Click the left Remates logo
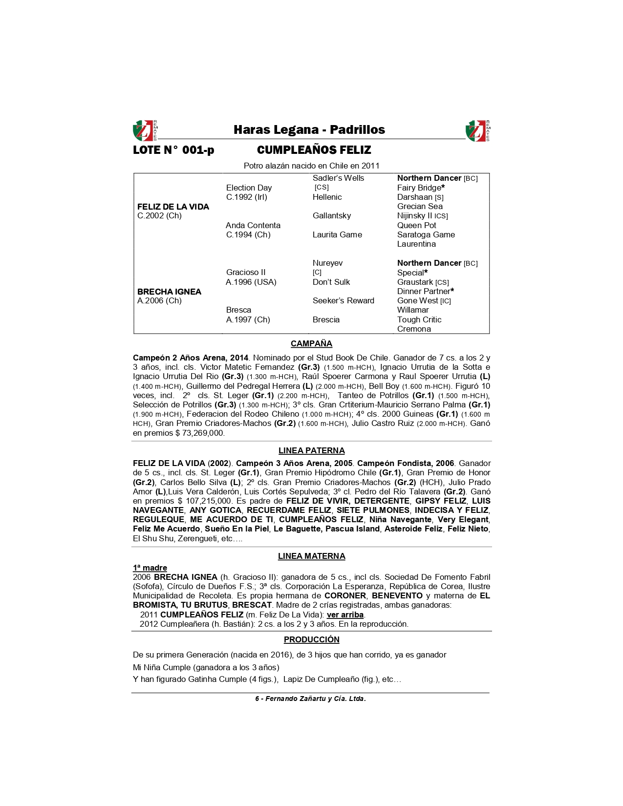coord(144,130)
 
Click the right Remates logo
coord(477,130)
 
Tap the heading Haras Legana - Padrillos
coord(309,130)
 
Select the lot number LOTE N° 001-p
coord(173,150)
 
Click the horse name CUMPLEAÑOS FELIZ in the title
coord(314,150)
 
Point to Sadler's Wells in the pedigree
coord(338,178)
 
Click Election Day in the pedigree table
coord(249,188)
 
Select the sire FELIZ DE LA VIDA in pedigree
coord(173,207)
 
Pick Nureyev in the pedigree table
coord(327,263)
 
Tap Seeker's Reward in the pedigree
coord(343,300)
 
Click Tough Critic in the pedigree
coord(419,319)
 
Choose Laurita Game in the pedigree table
coord(337,234)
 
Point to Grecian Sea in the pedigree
coord(420,206)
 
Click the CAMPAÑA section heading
coord(311,343)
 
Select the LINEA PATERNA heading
coord(311,450)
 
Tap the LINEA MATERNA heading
coord(311,556)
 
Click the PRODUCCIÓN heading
coord(311,639)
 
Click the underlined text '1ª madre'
coord(150,568)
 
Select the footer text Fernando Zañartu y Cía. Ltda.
coord(315,699)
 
